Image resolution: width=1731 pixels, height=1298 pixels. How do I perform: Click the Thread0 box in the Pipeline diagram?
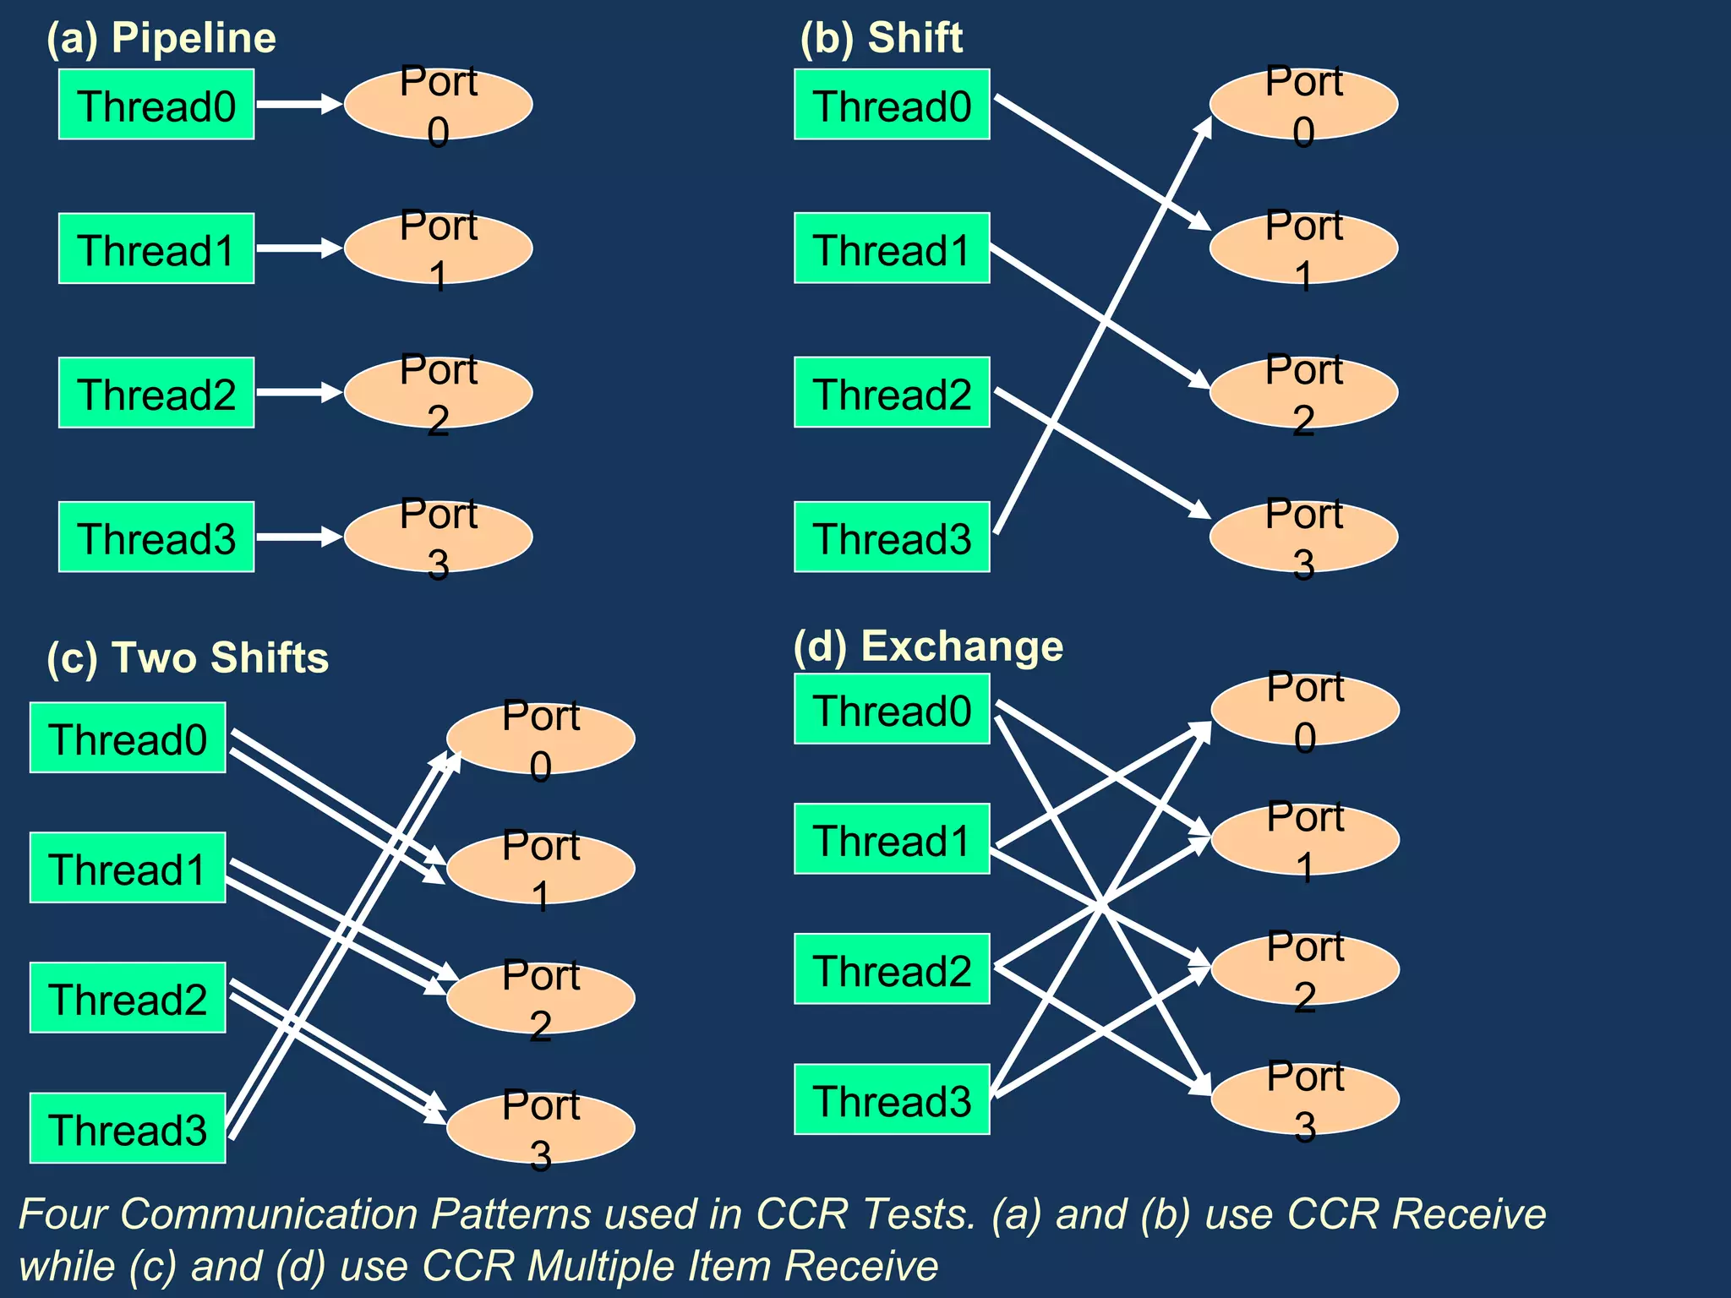pos(156,105)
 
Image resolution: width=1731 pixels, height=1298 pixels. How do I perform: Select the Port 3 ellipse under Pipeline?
pos(438,537)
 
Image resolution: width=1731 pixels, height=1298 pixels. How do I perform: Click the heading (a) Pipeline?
pos(161,38)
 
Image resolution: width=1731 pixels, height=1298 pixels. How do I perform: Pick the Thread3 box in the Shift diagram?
pos(892,537)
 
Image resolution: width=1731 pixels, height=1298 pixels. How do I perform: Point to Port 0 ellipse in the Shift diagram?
pos(1303,105)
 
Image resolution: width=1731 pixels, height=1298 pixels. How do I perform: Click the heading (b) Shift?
pos(882,38)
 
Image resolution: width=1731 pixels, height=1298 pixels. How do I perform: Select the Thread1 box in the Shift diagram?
pos(892,248)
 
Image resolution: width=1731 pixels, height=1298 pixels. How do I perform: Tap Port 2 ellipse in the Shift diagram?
pos(1303,393)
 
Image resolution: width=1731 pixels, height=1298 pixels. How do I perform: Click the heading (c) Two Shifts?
pos(188,657)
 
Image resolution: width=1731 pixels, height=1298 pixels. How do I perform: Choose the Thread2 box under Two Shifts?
pos(128,998)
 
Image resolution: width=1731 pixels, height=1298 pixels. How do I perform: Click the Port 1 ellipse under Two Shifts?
pos(541,869)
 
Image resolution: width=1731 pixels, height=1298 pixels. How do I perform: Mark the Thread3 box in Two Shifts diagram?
pos(128,1128)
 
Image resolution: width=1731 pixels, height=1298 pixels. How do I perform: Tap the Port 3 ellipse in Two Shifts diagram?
pos(541,1129)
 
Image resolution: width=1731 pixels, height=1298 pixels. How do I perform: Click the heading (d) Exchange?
pos(928,646)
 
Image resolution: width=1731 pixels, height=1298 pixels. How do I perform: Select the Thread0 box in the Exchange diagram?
pos(892,709)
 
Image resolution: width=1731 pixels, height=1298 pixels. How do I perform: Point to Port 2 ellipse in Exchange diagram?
pos(1305,969)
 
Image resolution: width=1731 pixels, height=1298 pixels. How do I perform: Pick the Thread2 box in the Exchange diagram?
pos(892,969)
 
